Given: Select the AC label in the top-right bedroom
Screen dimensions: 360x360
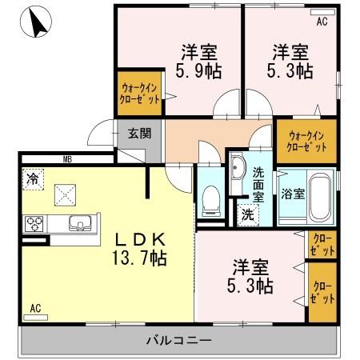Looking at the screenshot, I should (322, 22).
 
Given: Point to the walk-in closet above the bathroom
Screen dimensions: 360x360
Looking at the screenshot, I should (306, 141).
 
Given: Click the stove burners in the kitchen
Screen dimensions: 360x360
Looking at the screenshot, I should (35, 223).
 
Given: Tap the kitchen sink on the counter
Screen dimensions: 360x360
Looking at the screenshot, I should (79, 222).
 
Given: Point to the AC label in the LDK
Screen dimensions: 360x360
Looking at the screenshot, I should (36, 307).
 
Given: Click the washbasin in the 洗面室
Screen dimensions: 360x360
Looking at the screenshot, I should (238, 170).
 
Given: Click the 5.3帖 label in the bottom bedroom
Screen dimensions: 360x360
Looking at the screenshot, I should (254, 276).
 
